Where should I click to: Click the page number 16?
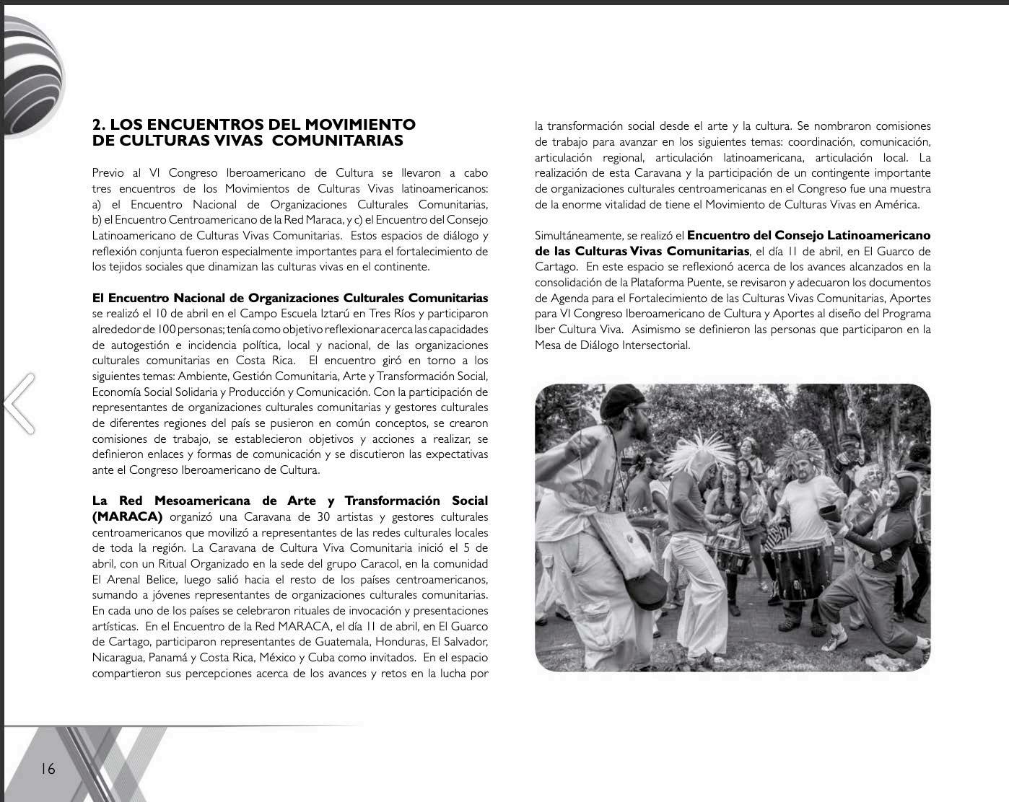48,769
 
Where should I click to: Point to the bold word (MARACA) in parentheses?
127,516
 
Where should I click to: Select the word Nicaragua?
118,658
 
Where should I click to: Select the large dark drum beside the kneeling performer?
799,568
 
